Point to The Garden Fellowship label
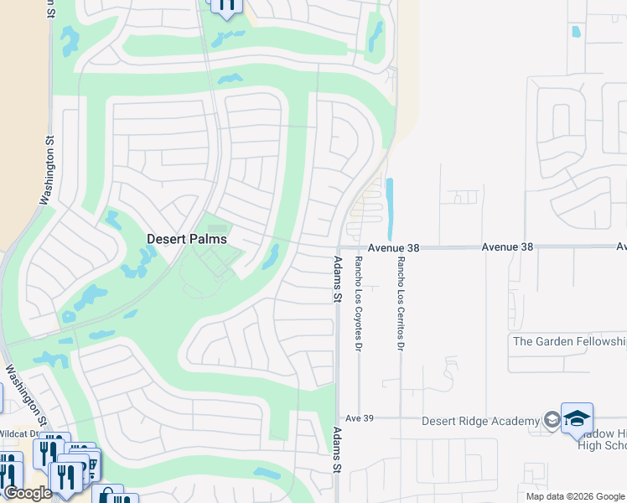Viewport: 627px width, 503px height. coord(569,341)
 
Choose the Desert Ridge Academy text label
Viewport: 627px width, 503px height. coord(480,421)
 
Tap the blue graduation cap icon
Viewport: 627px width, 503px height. coord(577,418)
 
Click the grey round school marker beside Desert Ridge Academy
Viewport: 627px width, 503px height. coord(552,420)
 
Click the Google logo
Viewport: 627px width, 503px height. coord(27,493)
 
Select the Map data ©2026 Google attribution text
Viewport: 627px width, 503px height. coord(576,496)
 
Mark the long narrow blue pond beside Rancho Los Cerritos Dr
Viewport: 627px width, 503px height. coord(390,209)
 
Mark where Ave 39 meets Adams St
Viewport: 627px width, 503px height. coord(337,417)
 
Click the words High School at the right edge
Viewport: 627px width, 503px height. coord(602,444)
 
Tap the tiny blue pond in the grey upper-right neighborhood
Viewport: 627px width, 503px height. coord(576,32)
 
